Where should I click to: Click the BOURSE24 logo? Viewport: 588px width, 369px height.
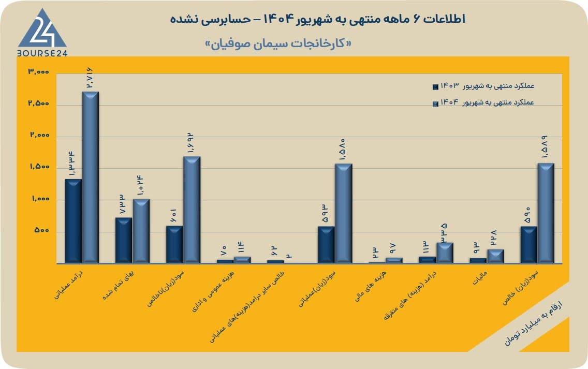(x=42, y=33)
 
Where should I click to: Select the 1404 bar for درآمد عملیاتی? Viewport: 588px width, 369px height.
(x=91, y=178)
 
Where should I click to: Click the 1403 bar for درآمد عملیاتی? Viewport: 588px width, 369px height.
(x=73, y=221)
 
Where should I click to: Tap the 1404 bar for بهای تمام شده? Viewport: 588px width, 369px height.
(x=141, y=231)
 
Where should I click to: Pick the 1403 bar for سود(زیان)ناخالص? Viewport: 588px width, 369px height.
(x=174, y=244)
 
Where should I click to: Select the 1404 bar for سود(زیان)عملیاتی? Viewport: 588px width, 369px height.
(x=344, y=213)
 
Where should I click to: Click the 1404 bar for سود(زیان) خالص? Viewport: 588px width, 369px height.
(x=546, y=213)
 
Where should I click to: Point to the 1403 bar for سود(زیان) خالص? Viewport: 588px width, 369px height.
(x=529, y=244)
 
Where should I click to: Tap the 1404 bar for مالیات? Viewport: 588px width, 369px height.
(x=495, y=256)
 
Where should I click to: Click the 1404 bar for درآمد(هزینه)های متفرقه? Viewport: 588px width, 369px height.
(x=445, y=253)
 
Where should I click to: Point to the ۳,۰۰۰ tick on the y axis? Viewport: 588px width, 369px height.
(x=39, y=71)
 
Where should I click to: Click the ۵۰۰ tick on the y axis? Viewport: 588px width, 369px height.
(x=41, y=230)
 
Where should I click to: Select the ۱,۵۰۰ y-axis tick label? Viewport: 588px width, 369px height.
(x=39, y=167)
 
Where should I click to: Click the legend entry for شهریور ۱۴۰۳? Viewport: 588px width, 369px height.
(x=483, y=86)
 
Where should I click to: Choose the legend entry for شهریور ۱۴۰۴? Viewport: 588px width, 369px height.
(x=483, y=103)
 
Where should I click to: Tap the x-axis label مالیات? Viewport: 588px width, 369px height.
(x=480, y=277)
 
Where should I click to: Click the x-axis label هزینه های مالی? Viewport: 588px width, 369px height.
(x=371, y=286)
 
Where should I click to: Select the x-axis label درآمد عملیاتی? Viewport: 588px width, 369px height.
(x=69, y=285)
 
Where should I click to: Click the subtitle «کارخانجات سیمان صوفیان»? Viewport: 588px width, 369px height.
(x=278, y=43)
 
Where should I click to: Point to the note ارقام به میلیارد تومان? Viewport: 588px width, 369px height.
(x=534, y=323)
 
